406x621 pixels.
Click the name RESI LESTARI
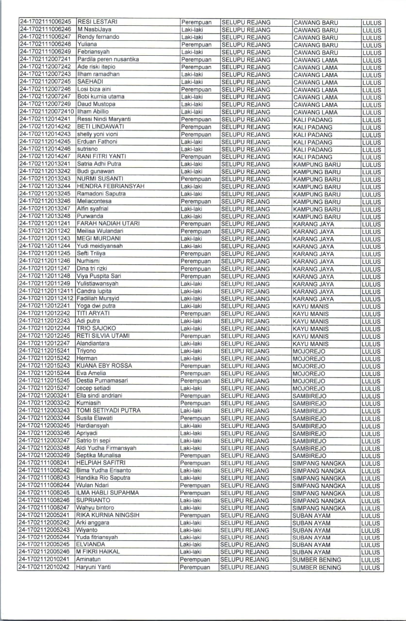[x=97, y=22]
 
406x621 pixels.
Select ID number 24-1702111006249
[x=46, y=52]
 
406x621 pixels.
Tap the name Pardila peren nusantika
[x=108, y=59]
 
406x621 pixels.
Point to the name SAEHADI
[x=90, y=82]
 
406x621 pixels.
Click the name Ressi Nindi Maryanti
[x=104, y=119]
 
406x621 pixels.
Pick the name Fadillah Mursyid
[x=97, y=298]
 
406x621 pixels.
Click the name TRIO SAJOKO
[x=96, y=328]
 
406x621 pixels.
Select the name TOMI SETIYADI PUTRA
[x=108, y=410]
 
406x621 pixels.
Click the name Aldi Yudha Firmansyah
[x=106, y=448]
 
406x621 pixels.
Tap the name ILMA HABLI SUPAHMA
[x=107, y=493]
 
